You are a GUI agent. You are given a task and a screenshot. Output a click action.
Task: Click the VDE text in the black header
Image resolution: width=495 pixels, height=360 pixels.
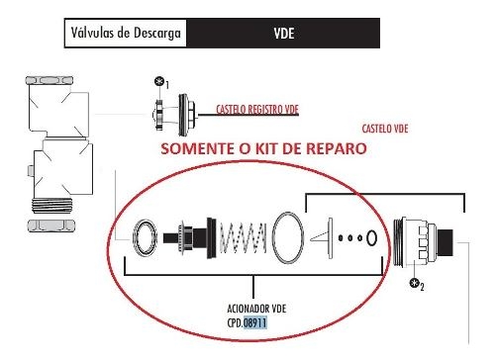click(x=284, y=34)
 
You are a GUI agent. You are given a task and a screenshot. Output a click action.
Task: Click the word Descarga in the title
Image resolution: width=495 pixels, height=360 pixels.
click(x=157, y=34)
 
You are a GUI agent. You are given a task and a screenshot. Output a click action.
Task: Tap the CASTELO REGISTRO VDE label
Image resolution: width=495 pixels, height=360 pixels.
click(x=257, y=110)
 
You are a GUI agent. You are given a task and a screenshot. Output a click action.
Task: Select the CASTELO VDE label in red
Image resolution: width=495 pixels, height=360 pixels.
click(x=385, y=129)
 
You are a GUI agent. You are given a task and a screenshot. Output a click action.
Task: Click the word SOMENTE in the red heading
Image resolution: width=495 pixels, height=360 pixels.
click(x=198, y=148)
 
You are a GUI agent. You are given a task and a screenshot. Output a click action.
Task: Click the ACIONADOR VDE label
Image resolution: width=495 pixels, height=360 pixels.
click(x=256, y=309)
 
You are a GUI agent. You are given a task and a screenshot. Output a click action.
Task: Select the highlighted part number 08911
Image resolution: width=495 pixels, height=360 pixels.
click(x=255, y=322)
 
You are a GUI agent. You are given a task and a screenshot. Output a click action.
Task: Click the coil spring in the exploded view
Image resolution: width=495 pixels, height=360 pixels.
click(x=244, y=238)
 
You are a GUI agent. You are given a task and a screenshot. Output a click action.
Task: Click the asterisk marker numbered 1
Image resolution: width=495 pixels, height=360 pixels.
click(x=159, y=81)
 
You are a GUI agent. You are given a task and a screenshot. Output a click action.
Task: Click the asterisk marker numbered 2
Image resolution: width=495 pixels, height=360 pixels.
click(x=414, y=283)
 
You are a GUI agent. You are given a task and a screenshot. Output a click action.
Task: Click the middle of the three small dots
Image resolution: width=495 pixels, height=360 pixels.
click(x=349, y=238)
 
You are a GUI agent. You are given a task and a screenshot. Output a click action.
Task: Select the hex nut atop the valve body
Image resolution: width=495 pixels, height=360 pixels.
click(x=49, y=80)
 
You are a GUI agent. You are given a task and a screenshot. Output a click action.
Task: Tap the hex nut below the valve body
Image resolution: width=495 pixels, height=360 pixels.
click(x=51, y=225)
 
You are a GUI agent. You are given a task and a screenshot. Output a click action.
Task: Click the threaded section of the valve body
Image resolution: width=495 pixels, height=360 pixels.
click(x=52, y=205)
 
